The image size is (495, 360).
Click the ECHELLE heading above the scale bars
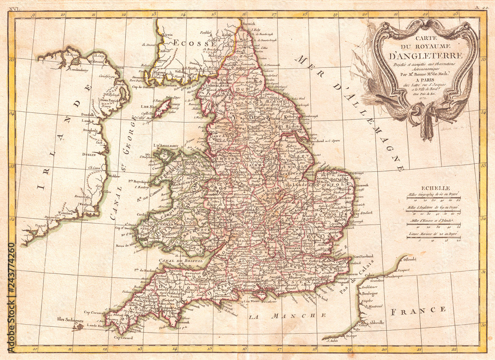[436, 188]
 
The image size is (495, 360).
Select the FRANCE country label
[418, 310]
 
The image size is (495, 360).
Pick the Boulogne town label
[368, 293]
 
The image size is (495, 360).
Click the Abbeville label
[375, 320]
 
